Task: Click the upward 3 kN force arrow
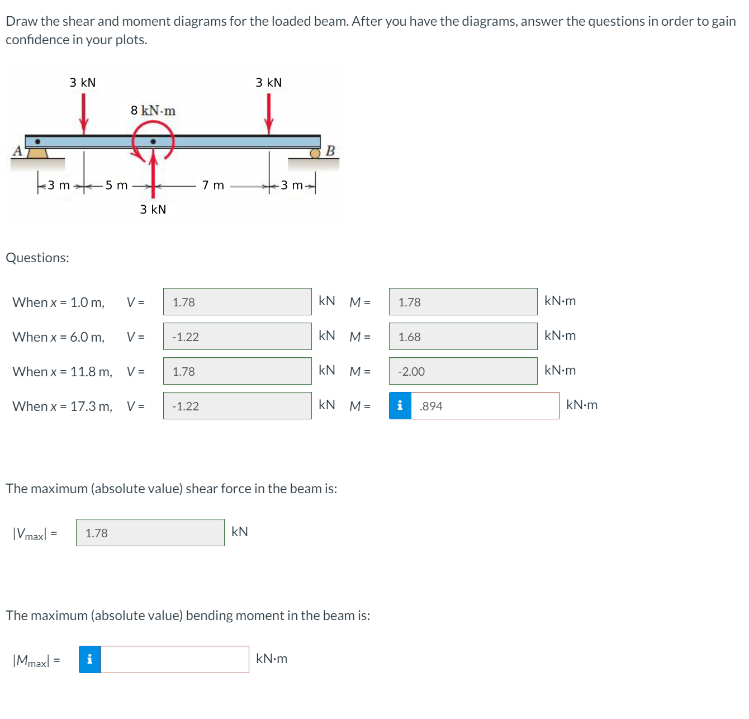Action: [153, 173]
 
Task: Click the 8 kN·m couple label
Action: [153, 111]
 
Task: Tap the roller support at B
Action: [315, 154]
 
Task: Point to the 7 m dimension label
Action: [213, 185]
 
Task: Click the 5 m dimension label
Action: [116, 185]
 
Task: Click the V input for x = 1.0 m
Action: [237, 301]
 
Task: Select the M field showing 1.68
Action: [463, 336]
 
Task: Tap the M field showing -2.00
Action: [463, 371]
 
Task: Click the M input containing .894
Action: [485, 405]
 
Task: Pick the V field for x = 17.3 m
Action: [237, 405]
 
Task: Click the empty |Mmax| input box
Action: [175, 659]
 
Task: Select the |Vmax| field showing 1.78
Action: [150, 532]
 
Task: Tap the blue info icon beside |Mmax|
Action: [89, 659]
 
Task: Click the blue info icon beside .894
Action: [400, 405]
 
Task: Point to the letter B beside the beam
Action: [330, 150]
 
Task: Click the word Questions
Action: [37, 258]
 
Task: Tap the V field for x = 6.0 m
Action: [237, 336]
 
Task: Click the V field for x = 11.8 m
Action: [237, 371]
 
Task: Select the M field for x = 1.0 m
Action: [463, 301]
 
